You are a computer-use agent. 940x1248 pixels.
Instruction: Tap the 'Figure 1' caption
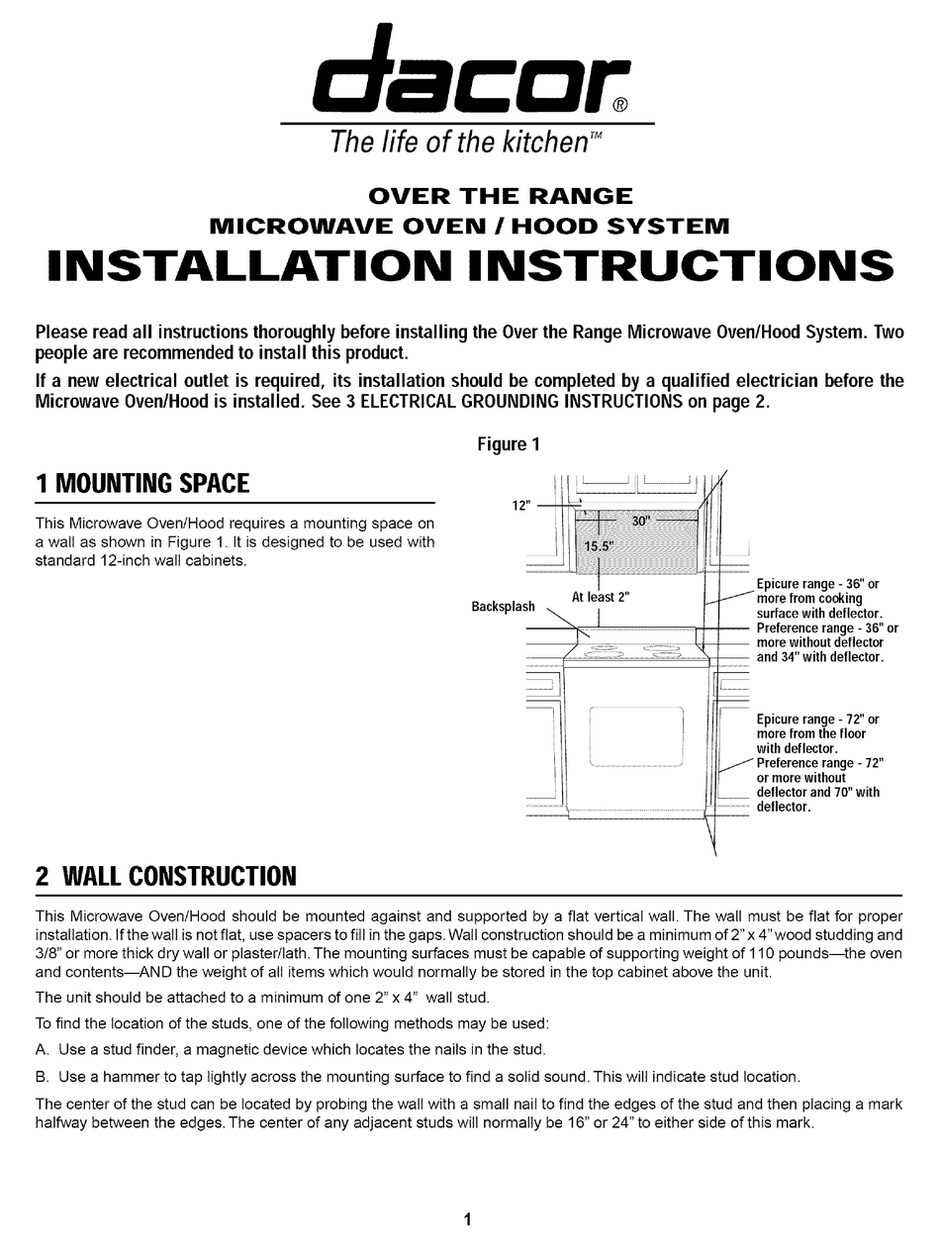point(509,444)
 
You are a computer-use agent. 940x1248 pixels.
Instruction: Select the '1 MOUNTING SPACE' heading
point(142,484)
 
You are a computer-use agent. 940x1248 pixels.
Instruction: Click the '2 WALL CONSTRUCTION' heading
point(165,876)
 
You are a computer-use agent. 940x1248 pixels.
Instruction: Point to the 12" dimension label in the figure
point(521,505)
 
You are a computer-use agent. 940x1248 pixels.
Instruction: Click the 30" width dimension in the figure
point(641,521)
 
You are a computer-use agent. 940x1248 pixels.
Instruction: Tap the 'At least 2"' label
point(601,597)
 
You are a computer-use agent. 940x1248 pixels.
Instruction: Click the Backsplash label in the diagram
point(503,607)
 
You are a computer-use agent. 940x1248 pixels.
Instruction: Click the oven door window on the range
point(635,736)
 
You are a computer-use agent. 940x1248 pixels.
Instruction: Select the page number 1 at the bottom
point(468,1220)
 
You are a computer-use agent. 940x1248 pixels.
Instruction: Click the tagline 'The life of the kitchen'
point(460,143)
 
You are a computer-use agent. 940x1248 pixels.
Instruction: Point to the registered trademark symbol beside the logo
point(619,105)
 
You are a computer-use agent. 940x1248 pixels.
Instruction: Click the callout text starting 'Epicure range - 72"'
point(817,720)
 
